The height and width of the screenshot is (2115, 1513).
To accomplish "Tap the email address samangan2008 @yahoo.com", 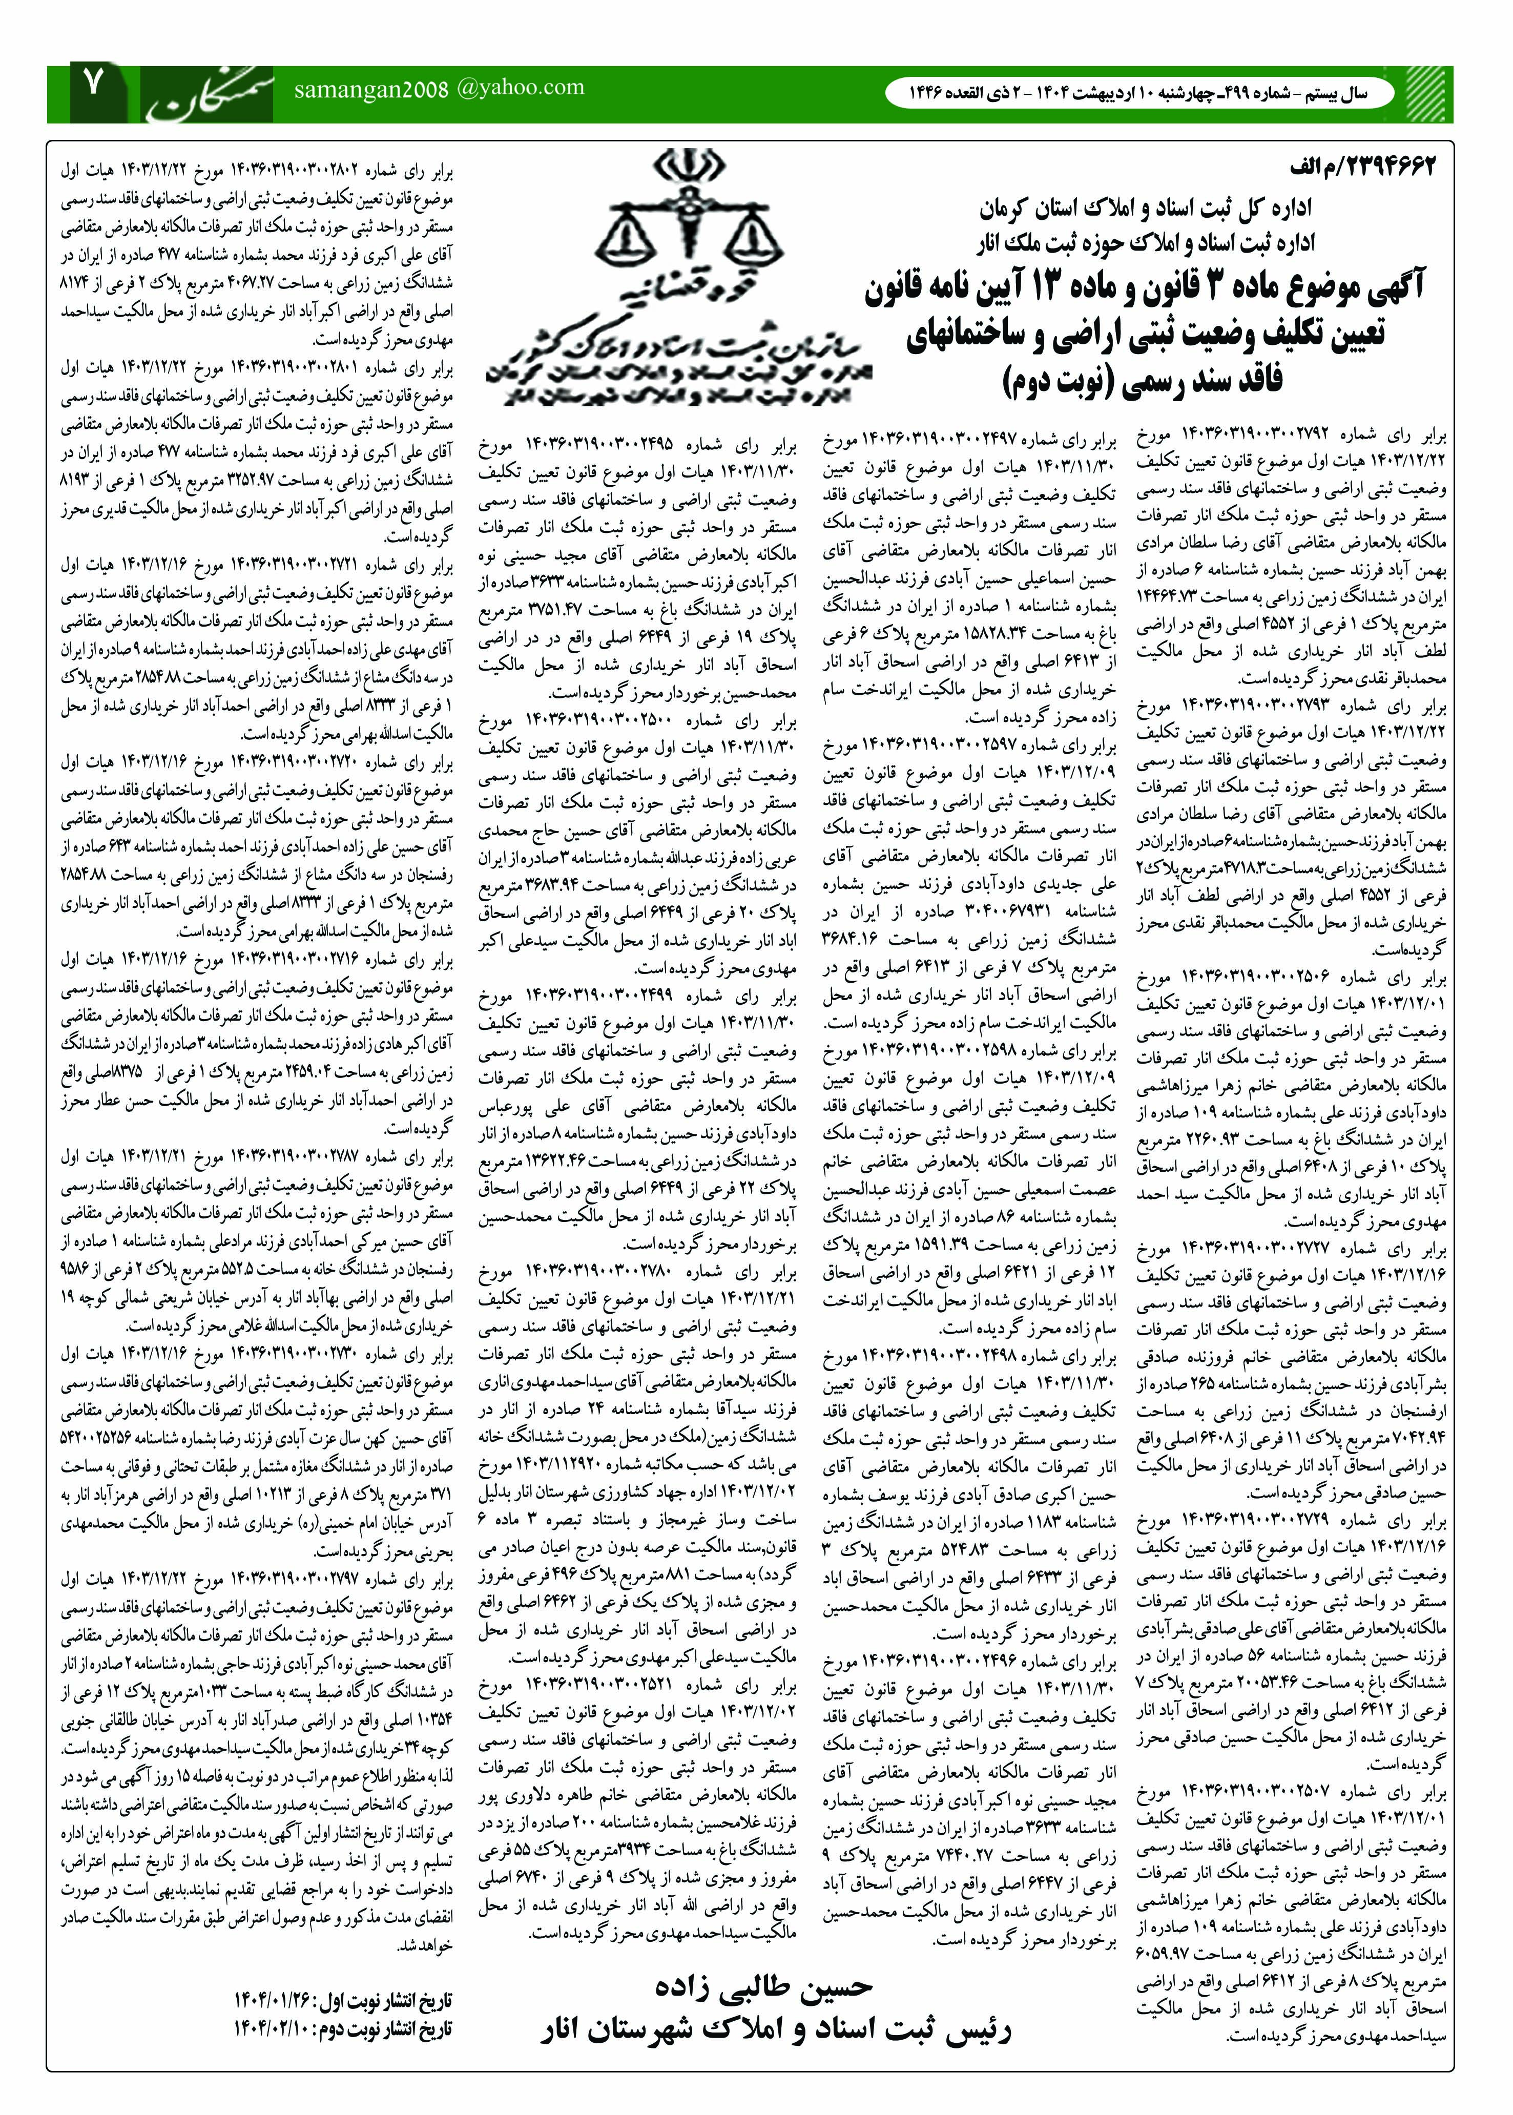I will tap(439, 89).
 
